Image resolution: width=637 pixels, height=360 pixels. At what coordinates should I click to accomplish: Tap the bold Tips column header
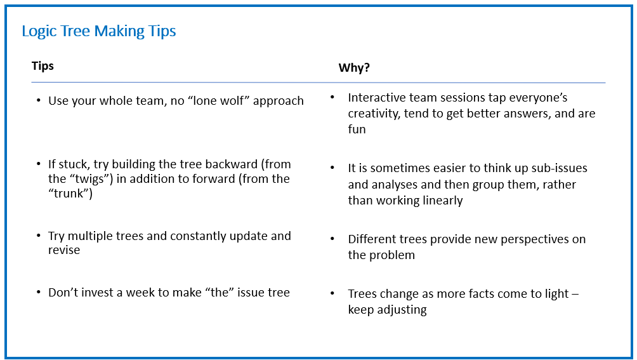[x=43, y=66]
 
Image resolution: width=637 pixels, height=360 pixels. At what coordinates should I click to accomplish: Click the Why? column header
[x=354, y=67]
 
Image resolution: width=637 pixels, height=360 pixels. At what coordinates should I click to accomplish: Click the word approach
[x=279, y=102]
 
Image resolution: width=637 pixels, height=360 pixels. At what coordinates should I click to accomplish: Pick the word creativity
[x=374, y=114]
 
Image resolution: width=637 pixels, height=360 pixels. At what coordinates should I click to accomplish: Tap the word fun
[x=357, y=130]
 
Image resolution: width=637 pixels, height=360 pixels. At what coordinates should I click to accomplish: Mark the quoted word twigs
[x=89, y=179]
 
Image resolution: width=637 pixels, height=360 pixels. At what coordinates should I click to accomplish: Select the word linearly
[x=442, y=201]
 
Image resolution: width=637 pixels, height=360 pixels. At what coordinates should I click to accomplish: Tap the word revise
[x=64, y=250]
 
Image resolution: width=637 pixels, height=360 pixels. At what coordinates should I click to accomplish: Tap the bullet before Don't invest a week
[x=39, y=292]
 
